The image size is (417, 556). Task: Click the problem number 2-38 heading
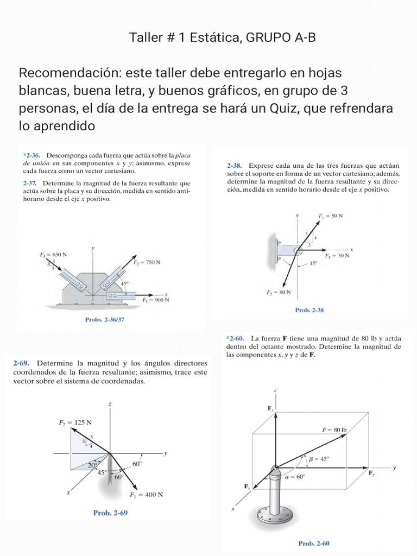235,165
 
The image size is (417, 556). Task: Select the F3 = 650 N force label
53,254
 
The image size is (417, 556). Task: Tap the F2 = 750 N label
147,262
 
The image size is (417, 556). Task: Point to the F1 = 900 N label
155,299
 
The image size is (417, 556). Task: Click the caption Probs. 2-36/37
108,320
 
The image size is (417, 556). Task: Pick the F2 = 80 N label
279,292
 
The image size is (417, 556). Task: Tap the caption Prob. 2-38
309,311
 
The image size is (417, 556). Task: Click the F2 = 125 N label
75,422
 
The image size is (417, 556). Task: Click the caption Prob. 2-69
110,512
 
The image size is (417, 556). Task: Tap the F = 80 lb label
334,429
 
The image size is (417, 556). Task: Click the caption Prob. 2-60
314,542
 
